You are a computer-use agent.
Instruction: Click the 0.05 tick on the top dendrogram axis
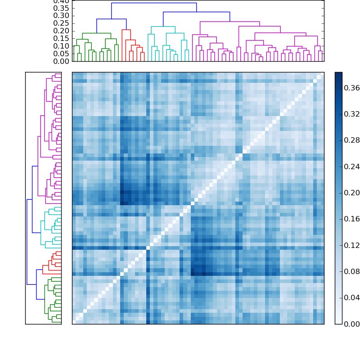tap(62, 54)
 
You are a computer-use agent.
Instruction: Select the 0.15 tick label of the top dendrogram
tap(62, 39)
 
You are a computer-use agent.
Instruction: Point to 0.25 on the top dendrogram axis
tap(62, 23)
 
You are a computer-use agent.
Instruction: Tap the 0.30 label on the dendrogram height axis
tap(62, 16)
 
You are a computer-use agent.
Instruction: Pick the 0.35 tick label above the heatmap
tap(62, 8)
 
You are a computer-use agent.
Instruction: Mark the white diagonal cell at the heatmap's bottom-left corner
tap(74, 321)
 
